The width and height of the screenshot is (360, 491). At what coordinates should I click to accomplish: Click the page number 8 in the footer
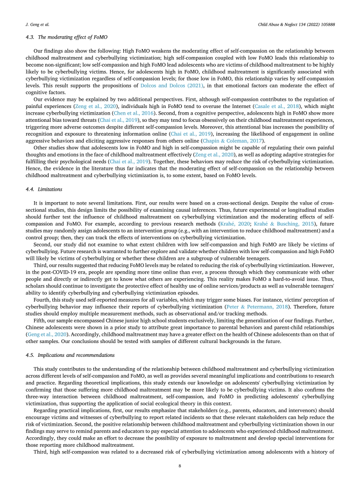(x=180, y=466)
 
